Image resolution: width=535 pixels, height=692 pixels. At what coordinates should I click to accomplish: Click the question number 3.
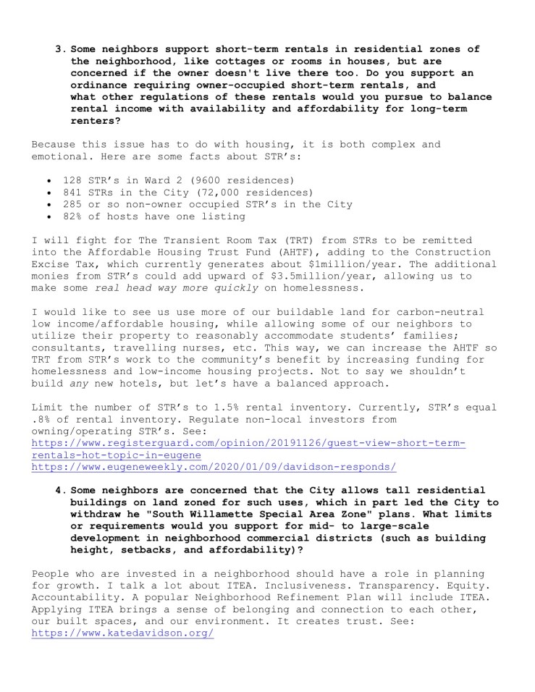[x=59, y=48]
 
